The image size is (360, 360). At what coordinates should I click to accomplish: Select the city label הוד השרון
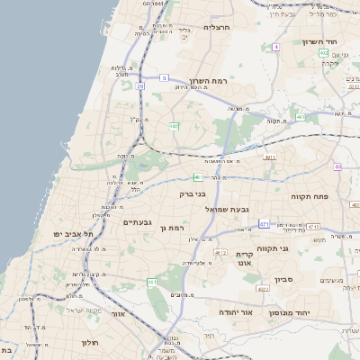(x=342, y=43)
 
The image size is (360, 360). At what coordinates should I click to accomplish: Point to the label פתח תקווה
(x=308, y=195)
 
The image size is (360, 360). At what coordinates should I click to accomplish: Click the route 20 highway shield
(x=140, y=86)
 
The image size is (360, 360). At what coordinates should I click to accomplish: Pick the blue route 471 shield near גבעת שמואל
(x=264, y=222)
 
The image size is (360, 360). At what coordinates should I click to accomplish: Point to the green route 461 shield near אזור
(x=153, y=283)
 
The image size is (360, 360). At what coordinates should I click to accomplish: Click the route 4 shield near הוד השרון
(x=275, y=46)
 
